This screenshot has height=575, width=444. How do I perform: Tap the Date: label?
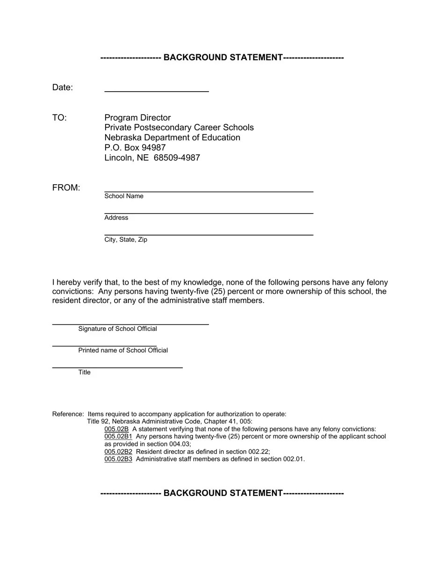click(63, 87)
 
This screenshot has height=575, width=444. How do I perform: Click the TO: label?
click(59, 118)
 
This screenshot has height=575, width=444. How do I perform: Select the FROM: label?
click(66, 188)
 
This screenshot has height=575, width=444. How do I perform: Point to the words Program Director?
click(137, 118)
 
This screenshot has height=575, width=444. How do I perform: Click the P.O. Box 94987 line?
click(135, 148)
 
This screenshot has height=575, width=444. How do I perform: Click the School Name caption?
click(124, 196)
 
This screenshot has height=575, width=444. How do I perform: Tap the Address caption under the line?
click(116, 218)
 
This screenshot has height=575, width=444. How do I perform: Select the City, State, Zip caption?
click(126, 240)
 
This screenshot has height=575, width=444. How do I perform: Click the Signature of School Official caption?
click(117, 329)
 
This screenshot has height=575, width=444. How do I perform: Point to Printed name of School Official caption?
click(123, 351)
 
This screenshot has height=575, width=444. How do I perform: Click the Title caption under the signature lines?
click(85, 373)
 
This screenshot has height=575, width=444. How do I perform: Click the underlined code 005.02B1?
click(118, 437)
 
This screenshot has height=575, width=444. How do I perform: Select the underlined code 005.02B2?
click(118, 452)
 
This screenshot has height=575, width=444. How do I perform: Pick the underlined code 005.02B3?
click(118, 460)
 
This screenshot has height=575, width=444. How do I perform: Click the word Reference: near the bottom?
click(68, 414)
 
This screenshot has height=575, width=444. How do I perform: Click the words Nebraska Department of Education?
click(172, 138)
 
